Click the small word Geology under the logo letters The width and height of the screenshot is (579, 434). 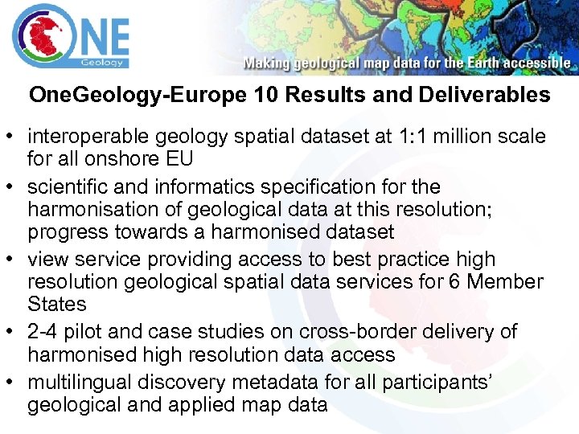coord(102,63)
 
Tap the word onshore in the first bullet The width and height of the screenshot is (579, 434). coord(110,158)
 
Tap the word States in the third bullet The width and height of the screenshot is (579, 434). coord(56,305)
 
